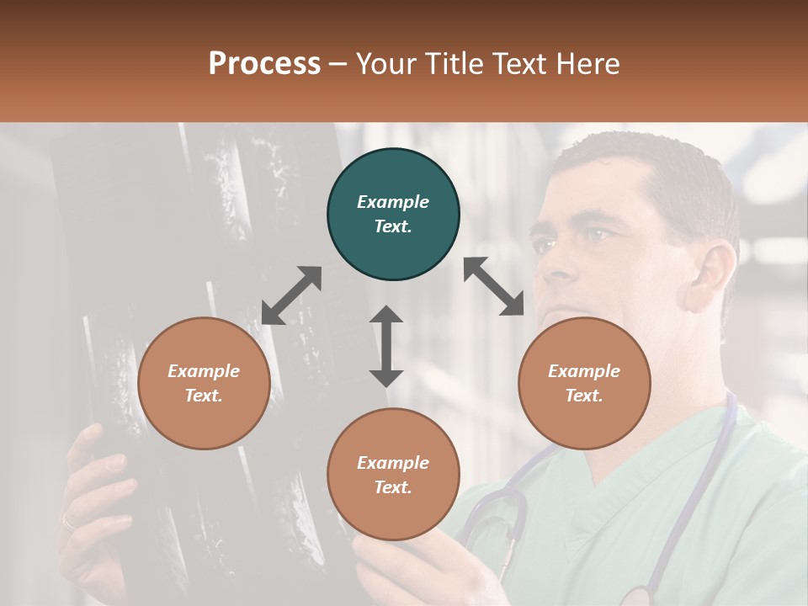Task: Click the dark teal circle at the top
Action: [x=393, y=215]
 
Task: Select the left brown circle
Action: [x=204, y=383]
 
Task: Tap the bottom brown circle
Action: [x=393, y=475]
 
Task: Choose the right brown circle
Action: [x=584, y=383]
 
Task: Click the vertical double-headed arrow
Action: [x=386, y=346]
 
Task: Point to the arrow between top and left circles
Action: [x=291, y=295]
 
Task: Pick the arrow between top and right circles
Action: [x=494, y=286]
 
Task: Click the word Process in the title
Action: [x=264, y=63]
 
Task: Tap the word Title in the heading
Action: [x=458, y=63]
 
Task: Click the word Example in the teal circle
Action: [x=393, y=202]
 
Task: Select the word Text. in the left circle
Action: [x=204, y=396]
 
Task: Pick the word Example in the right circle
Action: [x=584, y=371]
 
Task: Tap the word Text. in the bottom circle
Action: [x=393, y=487]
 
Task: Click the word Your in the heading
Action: [x=384, y=63]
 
